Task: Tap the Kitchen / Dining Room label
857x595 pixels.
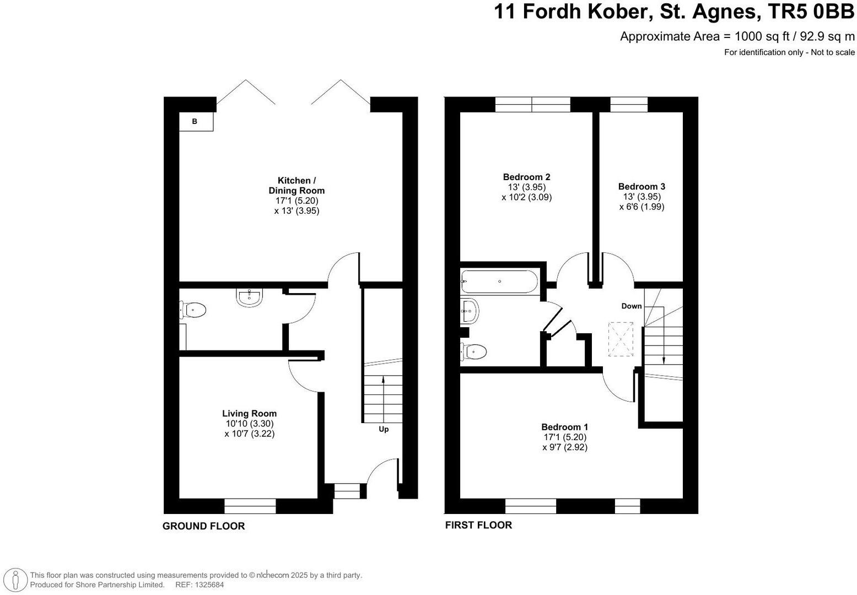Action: point(297,186)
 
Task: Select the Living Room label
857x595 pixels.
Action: point(249,413)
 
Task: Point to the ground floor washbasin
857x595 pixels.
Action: point(250,297)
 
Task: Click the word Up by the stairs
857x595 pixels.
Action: point(384,429)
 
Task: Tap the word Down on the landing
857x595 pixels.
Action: point(632,306)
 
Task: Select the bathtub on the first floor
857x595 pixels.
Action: point(499,282)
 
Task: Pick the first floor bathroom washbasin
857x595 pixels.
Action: point(470,311)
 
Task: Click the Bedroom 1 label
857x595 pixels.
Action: point(564,427)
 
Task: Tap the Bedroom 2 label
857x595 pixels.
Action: point(526,177)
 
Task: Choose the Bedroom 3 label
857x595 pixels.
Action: point(642,187)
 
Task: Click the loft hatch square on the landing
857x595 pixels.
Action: point(621,339)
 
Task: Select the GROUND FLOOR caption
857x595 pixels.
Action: point(203,526)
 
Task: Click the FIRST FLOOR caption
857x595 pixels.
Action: point(478,525)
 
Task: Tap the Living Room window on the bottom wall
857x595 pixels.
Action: point(250,506)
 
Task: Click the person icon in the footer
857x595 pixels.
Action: point(16,579)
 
